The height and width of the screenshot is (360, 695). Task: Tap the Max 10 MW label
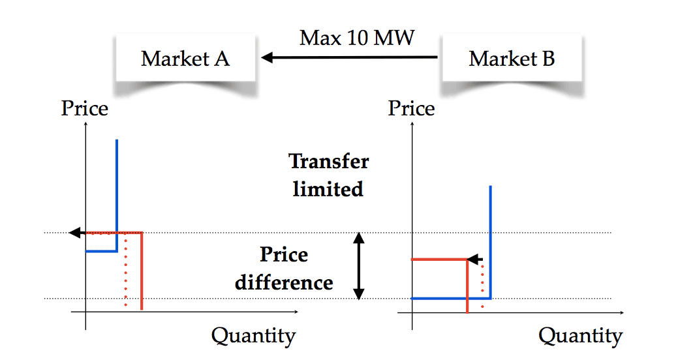[356, 38]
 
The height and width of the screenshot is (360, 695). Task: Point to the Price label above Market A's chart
[84, 108]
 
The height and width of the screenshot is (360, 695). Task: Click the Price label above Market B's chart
[411, 108]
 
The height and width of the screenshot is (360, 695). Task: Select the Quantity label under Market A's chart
[253, 336]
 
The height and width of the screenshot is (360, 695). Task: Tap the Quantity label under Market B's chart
[580, 336]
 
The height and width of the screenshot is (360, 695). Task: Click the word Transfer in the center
[328, 161]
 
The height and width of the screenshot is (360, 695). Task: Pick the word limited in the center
[328, 189]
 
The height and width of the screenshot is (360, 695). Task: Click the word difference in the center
[284, 283]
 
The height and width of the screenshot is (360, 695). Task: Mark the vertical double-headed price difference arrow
[358, 266]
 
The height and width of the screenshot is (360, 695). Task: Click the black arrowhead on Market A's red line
[75, 232]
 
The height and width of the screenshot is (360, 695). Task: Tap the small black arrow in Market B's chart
[474, 259]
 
